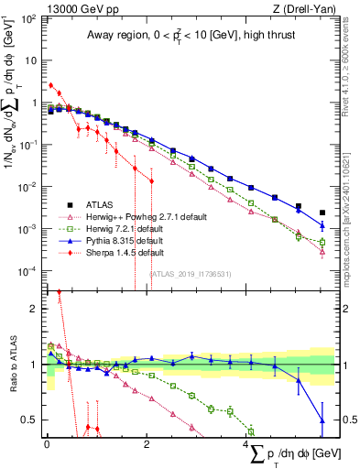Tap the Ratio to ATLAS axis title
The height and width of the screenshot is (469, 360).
click(12, 365)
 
